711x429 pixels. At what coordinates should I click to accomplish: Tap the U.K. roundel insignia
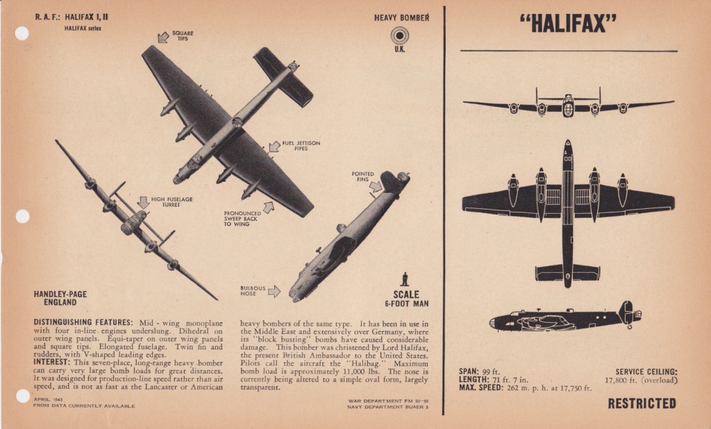[399, 35]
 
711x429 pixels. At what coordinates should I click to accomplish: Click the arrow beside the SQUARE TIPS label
[163, 37]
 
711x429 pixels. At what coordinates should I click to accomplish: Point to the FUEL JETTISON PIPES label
[301, 146]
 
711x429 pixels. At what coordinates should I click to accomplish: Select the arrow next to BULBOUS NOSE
[274, 292]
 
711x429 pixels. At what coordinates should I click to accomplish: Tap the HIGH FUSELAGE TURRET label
[172, 202]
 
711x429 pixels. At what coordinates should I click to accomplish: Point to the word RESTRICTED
[642, 403]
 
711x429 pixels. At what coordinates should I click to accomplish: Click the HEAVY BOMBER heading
[401, 17]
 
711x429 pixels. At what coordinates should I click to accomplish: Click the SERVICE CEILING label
[646, 371]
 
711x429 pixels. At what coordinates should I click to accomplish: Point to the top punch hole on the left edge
[22, 33]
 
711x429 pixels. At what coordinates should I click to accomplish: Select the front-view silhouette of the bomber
[568, 105]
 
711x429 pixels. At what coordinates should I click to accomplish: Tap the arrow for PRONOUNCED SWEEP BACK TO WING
[268, 206]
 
